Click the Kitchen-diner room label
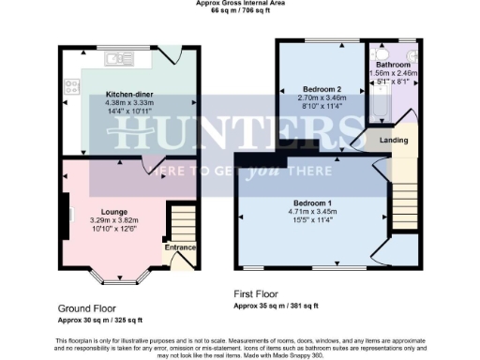pos(130,95)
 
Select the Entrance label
pos(180,247)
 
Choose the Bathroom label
pos(394,65)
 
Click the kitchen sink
pos(120,60)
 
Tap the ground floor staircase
pos(181,224)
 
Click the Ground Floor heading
pos(88,308)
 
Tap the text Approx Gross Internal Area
pos(241,4)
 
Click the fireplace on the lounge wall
pos(65,207)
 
